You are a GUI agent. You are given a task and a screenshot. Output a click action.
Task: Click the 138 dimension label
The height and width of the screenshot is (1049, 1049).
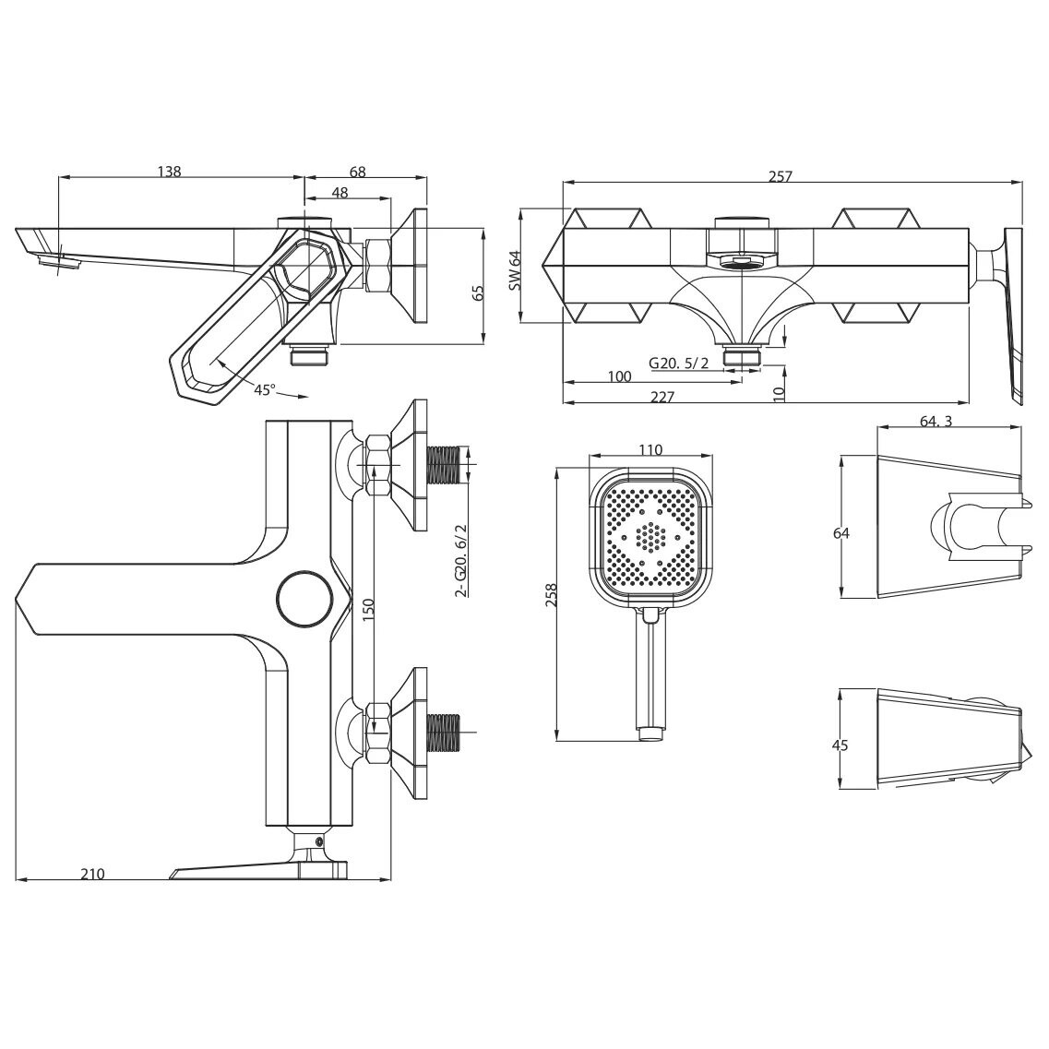point(169,172)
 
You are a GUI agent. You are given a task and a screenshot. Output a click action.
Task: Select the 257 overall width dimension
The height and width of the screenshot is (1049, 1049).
point(780,176)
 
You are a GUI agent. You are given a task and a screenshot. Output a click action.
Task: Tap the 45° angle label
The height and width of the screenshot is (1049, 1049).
point(264,389)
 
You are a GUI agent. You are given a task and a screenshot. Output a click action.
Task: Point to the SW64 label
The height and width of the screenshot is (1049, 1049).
point(514,269)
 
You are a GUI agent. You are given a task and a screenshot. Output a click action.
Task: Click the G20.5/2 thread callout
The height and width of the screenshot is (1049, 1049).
point(678,363)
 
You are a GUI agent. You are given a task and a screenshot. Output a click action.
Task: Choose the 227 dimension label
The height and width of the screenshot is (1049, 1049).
point(662,397)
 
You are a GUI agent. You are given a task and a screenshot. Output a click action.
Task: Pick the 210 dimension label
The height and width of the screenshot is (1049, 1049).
point(92,874)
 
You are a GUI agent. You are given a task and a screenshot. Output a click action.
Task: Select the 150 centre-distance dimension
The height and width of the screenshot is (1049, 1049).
point(368,610)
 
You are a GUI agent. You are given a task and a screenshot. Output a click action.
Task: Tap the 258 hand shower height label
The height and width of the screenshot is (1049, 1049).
point(552,595)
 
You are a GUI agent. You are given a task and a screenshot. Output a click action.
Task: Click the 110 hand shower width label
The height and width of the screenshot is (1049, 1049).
point(650,449)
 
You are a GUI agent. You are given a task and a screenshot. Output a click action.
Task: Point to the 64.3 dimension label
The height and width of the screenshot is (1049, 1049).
point(936,421)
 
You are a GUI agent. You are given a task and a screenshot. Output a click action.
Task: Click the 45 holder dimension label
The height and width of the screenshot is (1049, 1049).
point(840,745)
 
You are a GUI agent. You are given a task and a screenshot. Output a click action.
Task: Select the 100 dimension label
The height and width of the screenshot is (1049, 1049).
point(619,376)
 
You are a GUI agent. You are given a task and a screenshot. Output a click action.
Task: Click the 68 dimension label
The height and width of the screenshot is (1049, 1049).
point(358,172)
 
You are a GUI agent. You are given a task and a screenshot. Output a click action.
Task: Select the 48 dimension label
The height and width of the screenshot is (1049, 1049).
point(340,193)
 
